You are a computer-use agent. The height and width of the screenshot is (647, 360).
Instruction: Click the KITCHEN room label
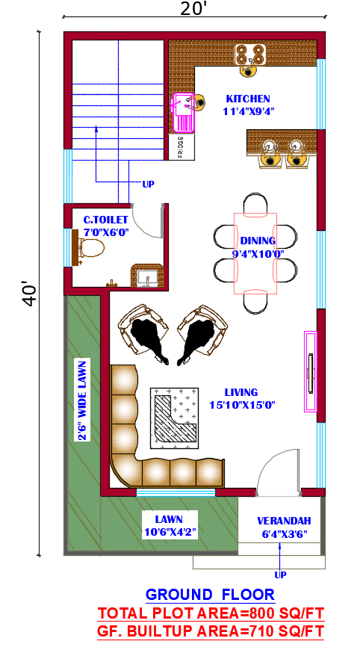(248, 99)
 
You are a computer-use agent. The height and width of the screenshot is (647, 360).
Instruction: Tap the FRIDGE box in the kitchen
(181, 146)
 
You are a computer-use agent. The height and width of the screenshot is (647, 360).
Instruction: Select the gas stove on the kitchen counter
(249, 55)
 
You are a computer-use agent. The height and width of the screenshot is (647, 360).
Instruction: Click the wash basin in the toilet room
(148, 276)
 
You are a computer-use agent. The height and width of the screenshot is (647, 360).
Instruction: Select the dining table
(255, 253)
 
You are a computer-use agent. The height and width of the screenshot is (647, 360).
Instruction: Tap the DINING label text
(258, 241)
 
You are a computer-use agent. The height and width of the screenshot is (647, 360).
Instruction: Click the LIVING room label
(241, 392)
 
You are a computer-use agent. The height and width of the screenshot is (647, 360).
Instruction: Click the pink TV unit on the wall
(311, 371)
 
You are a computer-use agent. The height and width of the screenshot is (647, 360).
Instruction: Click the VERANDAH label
(284, 521)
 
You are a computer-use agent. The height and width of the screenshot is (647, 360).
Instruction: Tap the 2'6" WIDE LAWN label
(83, 400)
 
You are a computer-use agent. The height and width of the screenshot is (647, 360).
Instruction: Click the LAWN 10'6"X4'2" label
(169, 525)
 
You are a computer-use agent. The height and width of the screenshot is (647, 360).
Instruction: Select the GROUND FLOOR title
(210, 595)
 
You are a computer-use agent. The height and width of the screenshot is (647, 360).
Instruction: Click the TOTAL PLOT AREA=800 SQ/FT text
(211, 613)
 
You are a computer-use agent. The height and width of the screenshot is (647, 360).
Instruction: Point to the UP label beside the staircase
(148, 185)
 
